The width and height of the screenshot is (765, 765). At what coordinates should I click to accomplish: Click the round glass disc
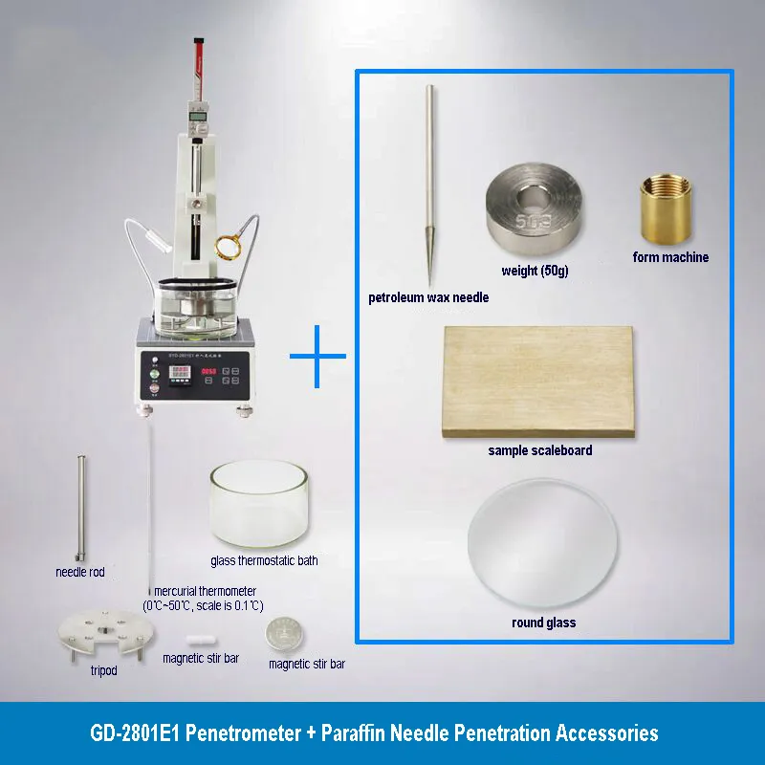(x=543, y=547)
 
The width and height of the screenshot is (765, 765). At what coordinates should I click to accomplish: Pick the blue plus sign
(x=317, y=357)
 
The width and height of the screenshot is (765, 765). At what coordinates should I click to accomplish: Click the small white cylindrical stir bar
(x=201, y=638)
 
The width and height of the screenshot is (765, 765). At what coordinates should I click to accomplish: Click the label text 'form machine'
(x=670, y=257)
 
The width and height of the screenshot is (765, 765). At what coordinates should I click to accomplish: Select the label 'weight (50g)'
(x=535, y=272)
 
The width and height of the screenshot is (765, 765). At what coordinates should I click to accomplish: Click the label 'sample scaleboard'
(x=539, y=450)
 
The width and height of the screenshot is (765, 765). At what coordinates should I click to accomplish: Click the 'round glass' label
(x=543, y=623)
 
